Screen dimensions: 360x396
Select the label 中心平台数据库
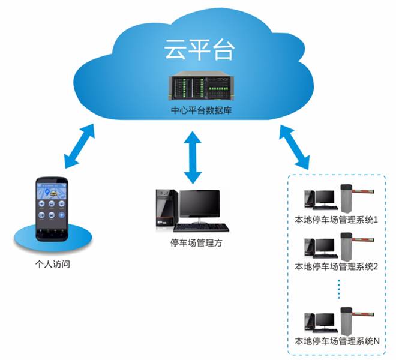tap(198, 112)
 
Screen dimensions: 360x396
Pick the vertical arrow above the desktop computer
tap(193, 157)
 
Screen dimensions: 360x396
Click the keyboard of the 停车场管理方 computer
tap(202, 228)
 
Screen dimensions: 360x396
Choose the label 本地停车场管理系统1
tap(337, 220)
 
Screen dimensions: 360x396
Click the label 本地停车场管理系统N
tap(337, 341)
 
